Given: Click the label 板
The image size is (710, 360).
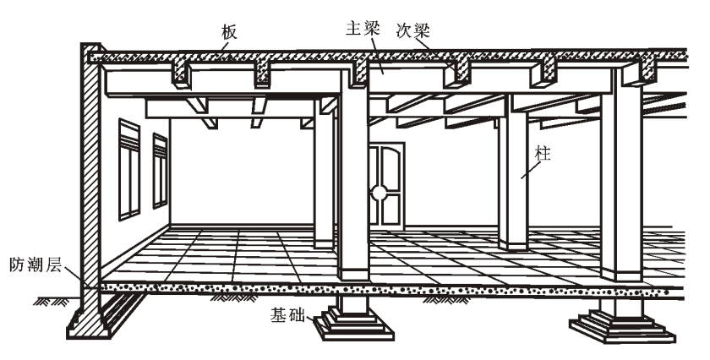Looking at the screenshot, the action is coord(229,32).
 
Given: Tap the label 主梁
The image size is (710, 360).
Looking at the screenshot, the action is coord(363,28).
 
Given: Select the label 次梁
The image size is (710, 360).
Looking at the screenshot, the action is coord(413,30).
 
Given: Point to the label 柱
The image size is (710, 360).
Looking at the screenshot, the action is coord(543,154).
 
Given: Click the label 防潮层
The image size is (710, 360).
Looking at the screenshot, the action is coord(35,265).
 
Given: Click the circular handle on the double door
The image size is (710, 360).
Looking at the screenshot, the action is coord(379,194).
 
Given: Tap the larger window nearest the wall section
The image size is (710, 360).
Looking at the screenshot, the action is coord(129,169).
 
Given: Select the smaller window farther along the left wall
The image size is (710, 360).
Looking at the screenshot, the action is coord(160,171).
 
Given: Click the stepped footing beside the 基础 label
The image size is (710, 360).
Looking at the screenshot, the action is coord(354,323).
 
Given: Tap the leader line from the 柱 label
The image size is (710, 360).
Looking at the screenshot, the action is coord(531,170).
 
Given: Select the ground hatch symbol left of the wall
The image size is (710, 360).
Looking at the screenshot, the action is coord(52,301).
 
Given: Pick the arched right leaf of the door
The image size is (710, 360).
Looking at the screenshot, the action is coord(390,186).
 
